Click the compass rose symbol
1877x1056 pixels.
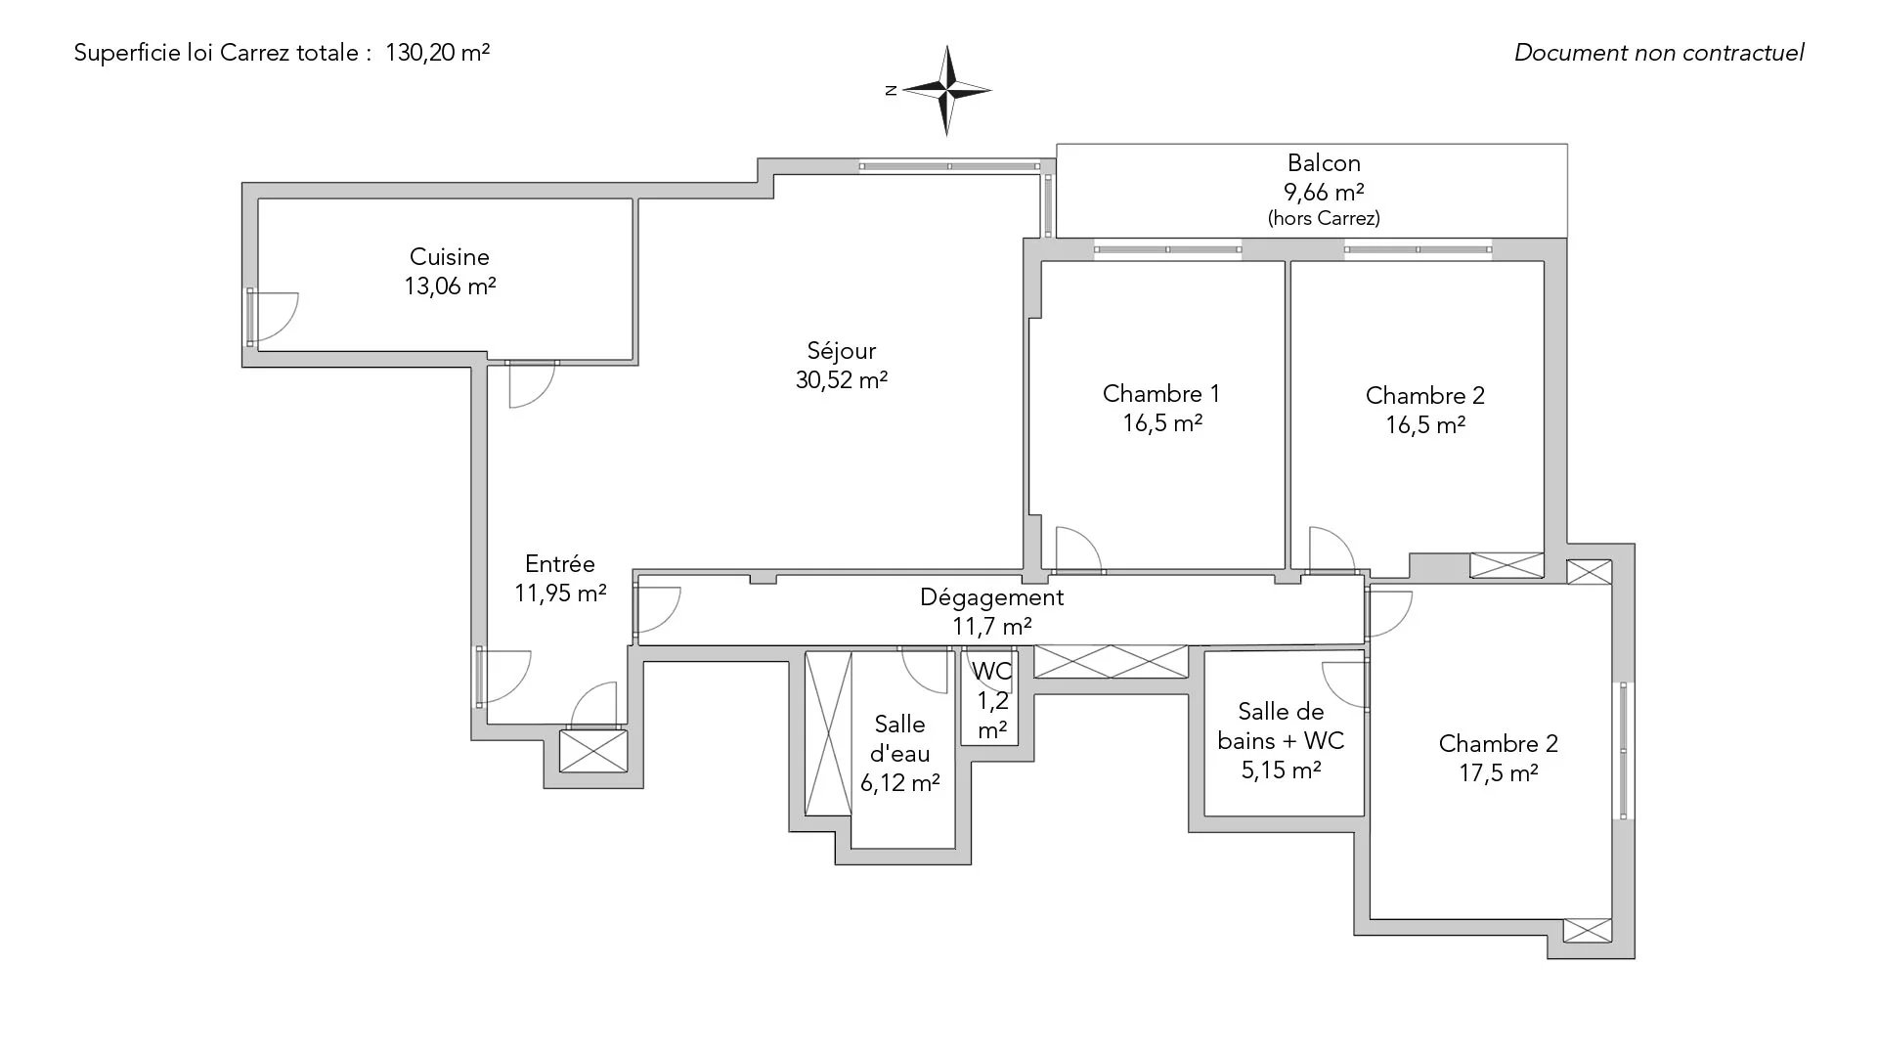946,91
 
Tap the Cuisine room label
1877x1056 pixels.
450,257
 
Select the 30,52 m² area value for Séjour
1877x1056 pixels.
842,380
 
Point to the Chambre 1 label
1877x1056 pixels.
1161,394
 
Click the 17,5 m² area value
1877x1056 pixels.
1499,773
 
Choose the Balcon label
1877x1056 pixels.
1325,163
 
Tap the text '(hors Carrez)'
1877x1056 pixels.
1325,218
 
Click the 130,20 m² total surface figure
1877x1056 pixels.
438,53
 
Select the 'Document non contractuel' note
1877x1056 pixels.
1659,53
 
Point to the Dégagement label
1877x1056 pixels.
992,597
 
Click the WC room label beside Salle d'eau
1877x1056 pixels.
992,672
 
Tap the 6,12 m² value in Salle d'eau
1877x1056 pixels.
900,783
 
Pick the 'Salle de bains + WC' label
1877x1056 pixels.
1281,726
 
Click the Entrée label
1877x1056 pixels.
560,564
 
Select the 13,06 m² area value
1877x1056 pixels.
450,286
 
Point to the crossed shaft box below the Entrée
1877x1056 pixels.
593,752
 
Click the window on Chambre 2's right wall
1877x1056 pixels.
1623,751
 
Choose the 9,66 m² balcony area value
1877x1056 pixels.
1325,192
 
